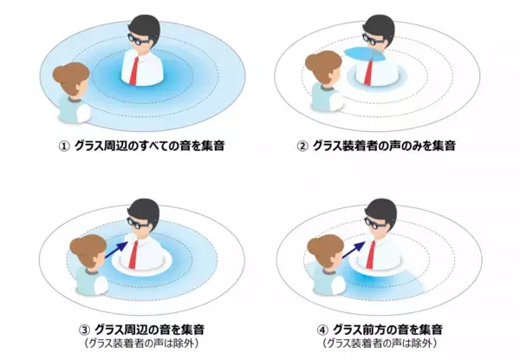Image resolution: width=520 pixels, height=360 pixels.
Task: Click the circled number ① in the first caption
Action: (x=64, y=146)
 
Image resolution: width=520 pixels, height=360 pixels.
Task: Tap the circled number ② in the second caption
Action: (x=302, y=146)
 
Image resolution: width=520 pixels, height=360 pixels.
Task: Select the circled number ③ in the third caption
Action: (x=84, y=331)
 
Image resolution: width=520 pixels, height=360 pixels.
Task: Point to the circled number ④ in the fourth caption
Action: (x=322, y=331)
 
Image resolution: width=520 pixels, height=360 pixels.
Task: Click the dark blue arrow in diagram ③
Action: (x=116, y=250)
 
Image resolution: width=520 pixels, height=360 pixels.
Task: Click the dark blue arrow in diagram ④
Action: (x=353, y=250)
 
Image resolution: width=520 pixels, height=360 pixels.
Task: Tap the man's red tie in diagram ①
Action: (x=134, y=70)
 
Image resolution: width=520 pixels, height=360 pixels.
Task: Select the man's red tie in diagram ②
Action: (x=369, y=72)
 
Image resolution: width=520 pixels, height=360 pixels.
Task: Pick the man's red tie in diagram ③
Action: (x=133, y=255)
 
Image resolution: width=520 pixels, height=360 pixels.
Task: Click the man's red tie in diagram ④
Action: (x=370, y=255)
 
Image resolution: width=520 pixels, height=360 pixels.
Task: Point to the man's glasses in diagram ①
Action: (x=139, y=39)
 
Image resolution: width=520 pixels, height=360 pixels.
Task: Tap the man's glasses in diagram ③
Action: (x=139, y=223)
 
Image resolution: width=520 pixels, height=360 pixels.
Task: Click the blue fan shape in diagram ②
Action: (x=364, y=54)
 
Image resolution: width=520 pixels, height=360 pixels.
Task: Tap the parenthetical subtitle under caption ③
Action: (x=141, y=344)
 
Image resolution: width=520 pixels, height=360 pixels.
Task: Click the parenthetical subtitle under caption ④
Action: (x=380, y=344)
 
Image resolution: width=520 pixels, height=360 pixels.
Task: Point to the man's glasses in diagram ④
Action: (x=375, y=223)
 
